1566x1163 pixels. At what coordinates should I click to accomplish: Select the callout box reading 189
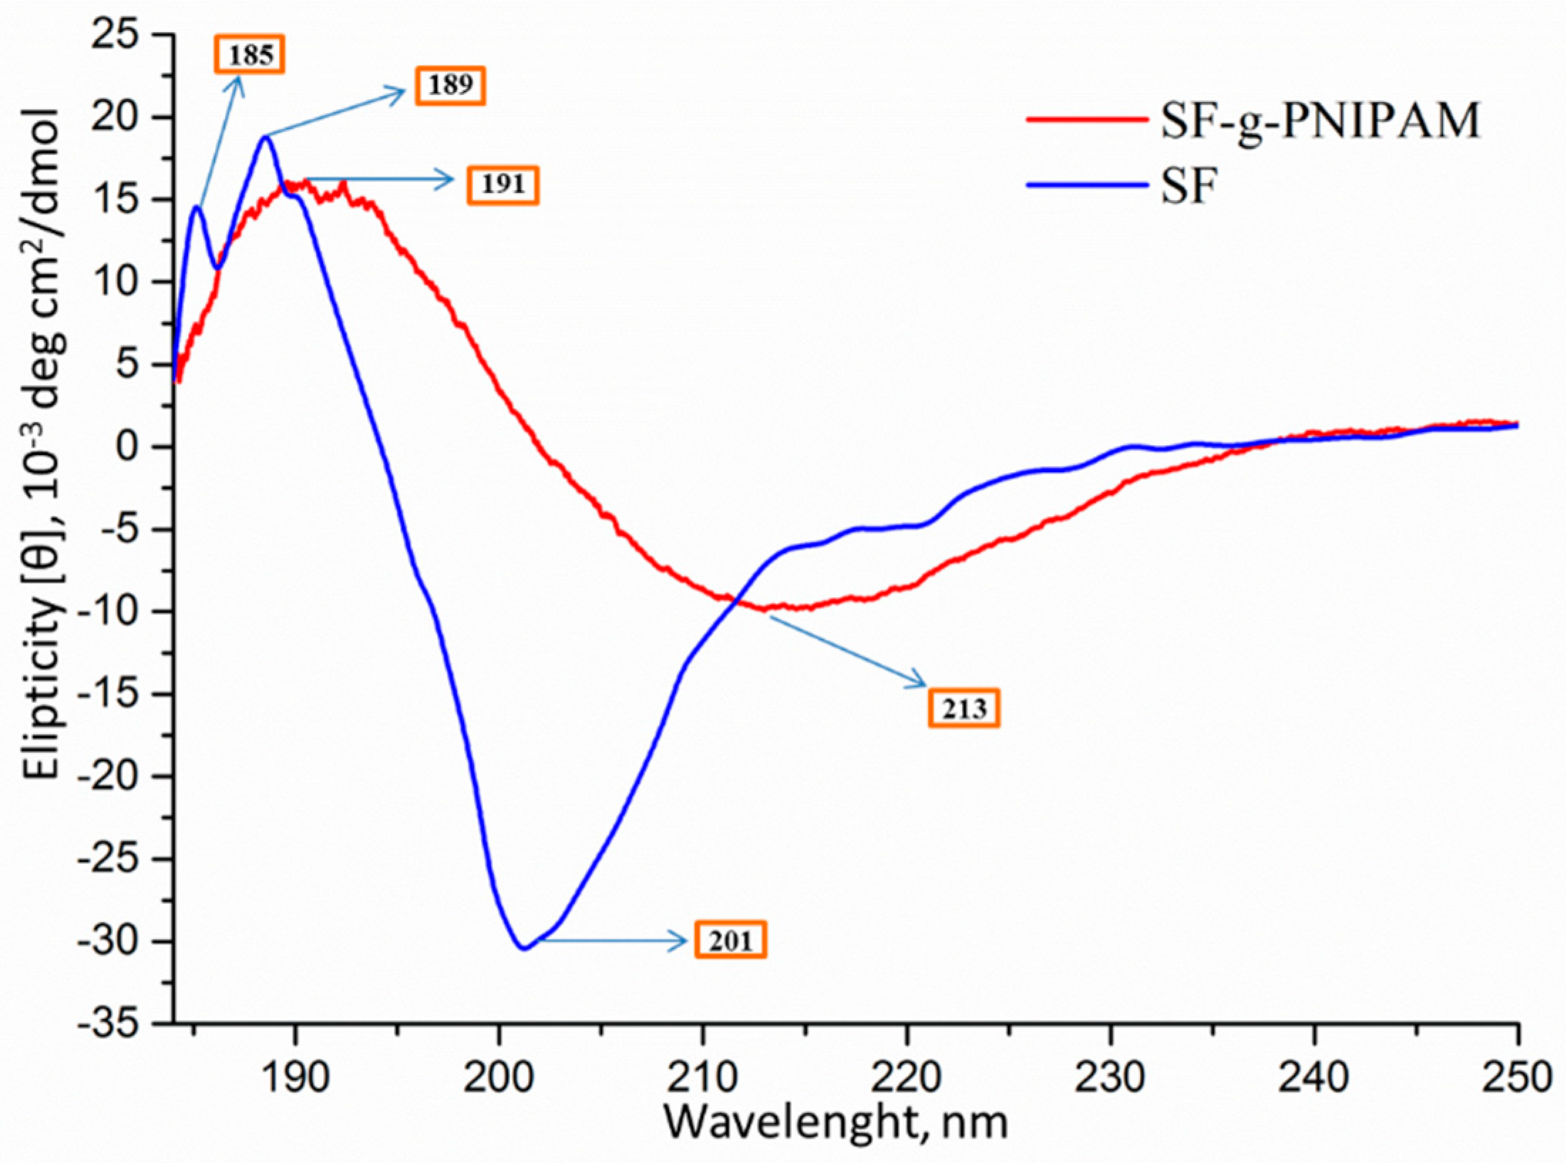pyautogui.click(x=450, y=85)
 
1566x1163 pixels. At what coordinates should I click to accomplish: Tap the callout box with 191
pyautogui.click(x=502, y=185)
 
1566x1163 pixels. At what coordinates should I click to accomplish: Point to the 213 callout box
pyautogui.click(x=964, y=708)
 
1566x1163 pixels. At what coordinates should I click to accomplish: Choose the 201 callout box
pyautogui.click(x=731, y=941)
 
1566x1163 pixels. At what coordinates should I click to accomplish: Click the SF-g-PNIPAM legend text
pyautogui.click(x=1321, y=120)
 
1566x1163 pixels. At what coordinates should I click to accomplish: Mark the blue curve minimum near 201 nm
pyautogui.click(x=524, y=947)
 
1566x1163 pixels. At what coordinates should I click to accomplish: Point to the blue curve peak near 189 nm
pyautogui.click(x=266, y=137)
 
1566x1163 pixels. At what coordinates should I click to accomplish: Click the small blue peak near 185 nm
pyautogui.click(x=197, y=207)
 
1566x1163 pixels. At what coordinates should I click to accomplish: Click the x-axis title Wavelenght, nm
pyautogui.click(x=836, y=1122)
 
